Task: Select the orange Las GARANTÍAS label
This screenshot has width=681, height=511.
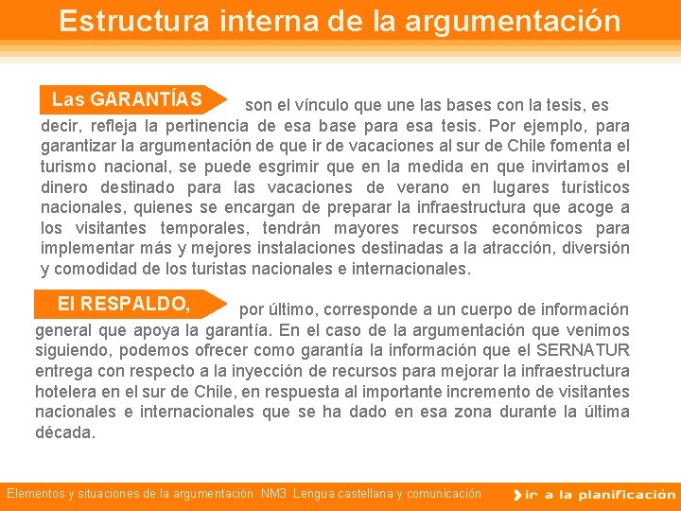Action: click(127, 99)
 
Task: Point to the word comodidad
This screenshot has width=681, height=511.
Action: click(93, 269)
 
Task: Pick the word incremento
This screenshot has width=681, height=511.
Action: click(519, 392)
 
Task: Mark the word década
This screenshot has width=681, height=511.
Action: click(65, 432)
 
